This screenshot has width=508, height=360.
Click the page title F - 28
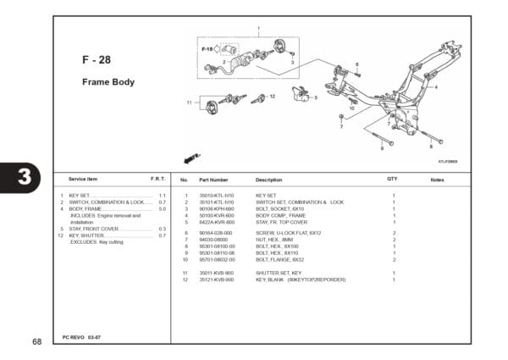pyautogui.click(x=96, y=60)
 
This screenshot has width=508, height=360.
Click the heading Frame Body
pyautogui.click(x=108, y=82)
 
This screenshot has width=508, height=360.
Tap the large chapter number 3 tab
pyautogui.click(x=24, y=179)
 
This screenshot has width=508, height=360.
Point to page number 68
pyautogui.click(x=36, y=341)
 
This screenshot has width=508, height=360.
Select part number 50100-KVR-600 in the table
pyautogui.click(x=216, y=215)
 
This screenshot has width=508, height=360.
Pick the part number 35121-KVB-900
pyautogui.click(x=216, y=279)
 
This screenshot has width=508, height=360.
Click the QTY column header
pyautogui.click(x=392, y=180)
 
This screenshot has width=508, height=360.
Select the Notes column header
pyautogui.click(x=437, y=180)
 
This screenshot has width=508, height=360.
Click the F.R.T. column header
pyautogui.click(x=157, y=180)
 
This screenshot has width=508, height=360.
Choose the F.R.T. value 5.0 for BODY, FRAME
pyautogui.click(x=162, y=209)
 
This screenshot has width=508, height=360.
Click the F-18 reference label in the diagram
pyautogui.click(x=207, y=49)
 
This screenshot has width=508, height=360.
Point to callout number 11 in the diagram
pyautogui.click(x=190, y=102)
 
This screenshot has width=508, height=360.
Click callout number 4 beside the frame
pyautogui.click(x=436, y=86)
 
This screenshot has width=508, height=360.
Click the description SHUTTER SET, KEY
pyautogui.click(x=279, y=273)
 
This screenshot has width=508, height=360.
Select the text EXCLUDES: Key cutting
pyautogui.click(x=97, y=241)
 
